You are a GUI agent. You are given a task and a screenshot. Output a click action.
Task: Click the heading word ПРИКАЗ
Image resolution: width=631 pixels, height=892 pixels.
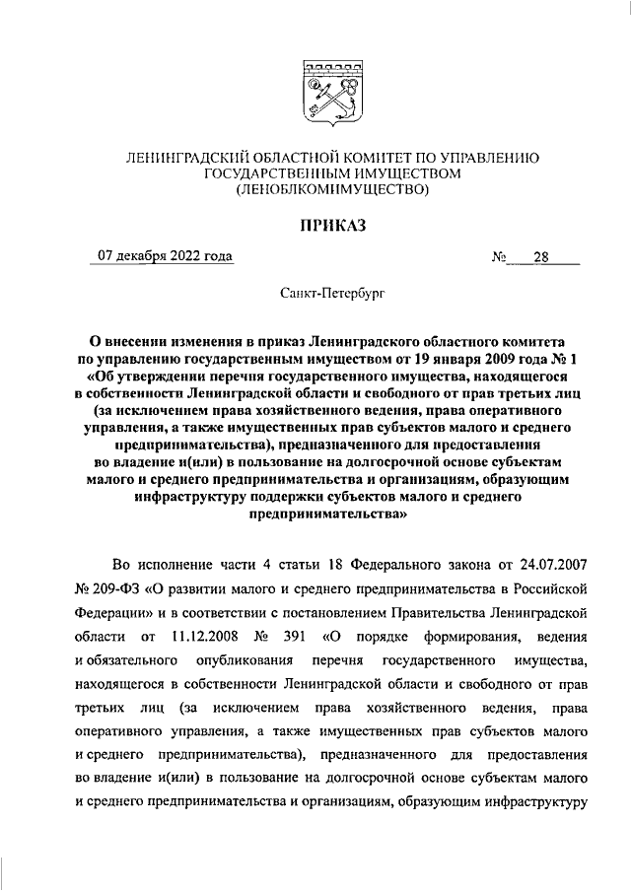click(x=331, y=226)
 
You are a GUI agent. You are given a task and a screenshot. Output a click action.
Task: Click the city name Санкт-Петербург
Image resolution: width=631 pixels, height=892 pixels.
click(x=331, y=294)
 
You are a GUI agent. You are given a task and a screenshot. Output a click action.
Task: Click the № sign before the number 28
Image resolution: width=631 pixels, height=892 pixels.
click(x=499, y=258)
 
